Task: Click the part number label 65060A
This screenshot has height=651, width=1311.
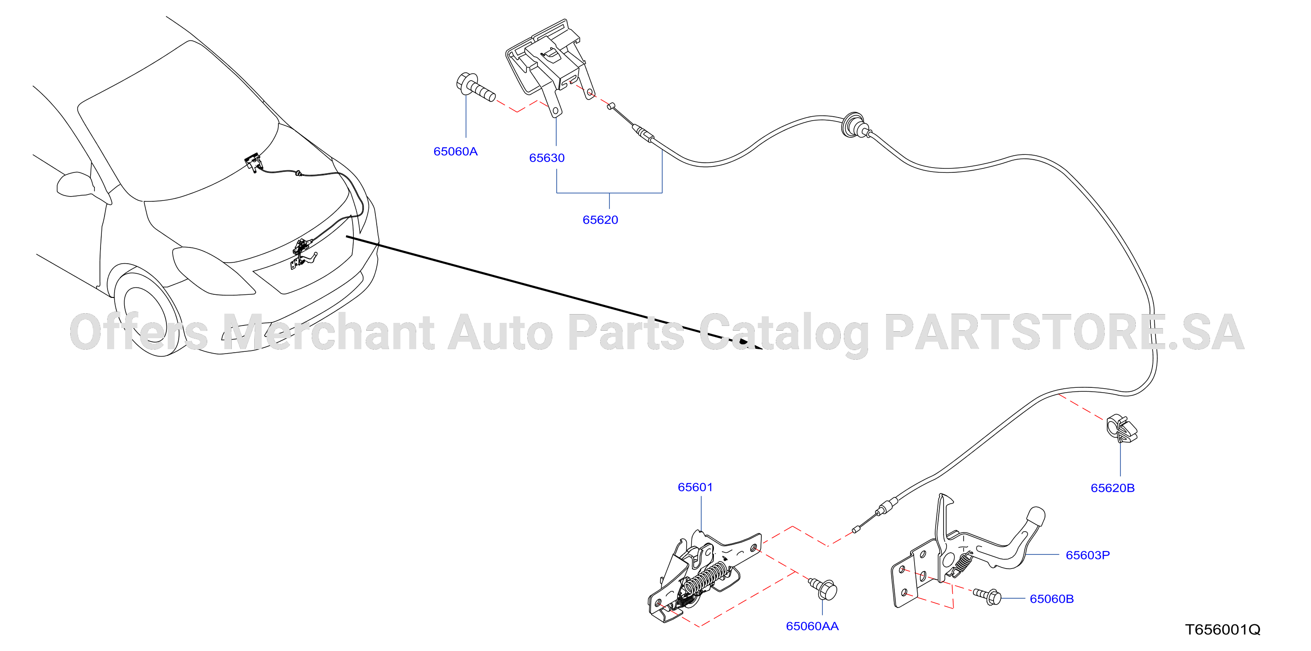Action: [455, 151]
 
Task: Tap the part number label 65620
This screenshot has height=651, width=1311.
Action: [600, 220]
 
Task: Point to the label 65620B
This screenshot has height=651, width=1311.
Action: [1113, 488]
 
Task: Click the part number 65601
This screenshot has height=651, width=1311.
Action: [695, 487]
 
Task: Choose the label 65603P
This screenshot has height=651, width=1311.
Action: [1088, 555]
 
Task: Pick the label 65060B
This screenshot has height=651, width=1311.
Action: [1052, 599]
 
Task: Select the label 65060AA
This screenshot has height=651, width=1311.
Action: [812, 626]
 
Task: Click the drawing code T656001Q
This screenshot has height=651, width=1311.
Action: [1223, 630]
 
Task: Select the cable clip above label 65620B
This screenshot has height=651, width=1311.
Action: [1122, 429]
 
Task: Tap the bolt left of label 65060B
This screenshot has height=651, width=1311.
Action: [987, 596]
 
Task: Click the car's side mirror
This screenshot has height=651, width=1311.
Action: [76, 184]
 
